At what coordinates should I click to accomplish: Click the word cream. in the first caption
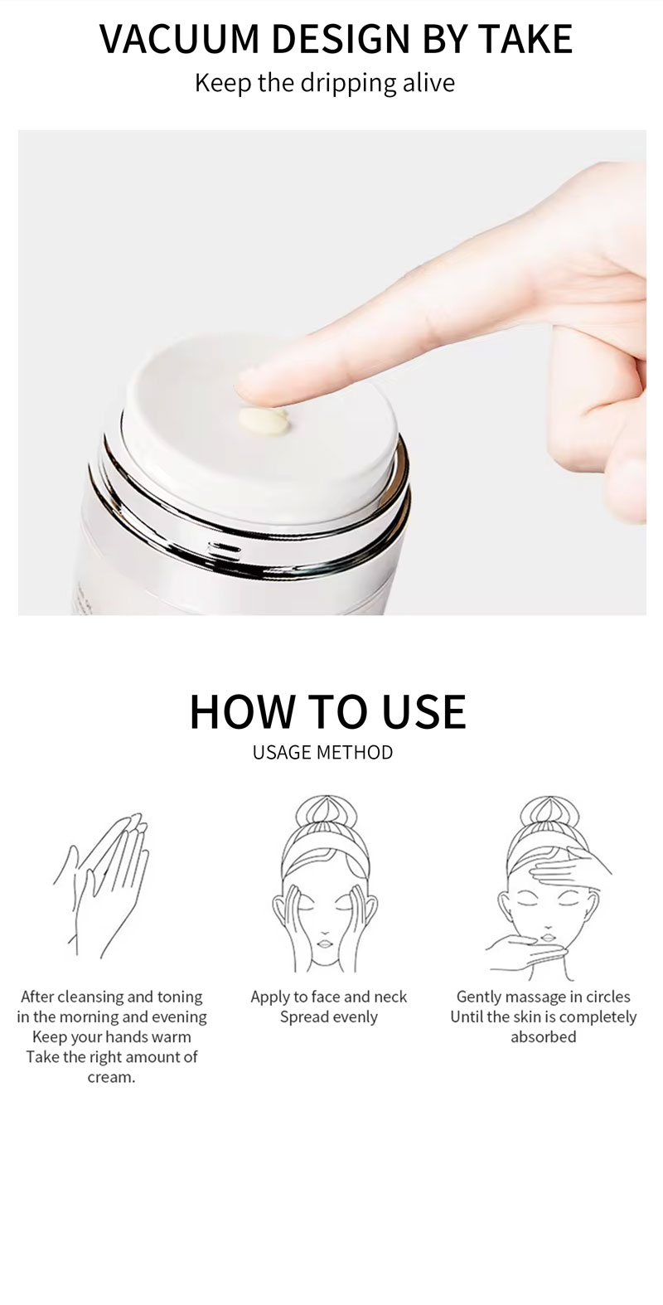[111, 1077]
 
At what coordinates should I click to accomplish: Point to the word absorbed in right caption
[543, 1037]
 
